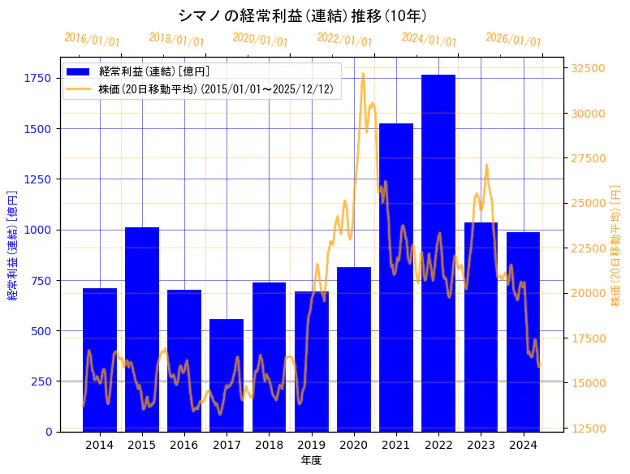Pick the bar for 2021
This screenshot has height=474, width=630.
(396, 276)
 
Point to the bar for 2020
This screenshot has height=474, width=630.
(354, 349)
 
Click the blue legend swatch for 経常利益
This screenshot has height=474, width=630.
(80, 71)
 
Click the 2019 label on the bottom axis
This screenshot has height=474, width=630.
(312, 445)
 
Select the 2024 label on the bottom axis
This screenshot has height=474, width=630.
(524, 445)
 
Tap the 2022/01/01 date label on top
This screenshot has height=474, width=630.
(345, 40)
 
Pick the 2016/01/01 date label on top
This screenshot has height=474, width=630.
(92, 40)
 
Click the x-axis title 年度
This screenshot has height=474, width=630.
(311, 460)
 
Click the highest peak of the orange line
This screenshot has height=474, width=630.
(363, 74)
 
